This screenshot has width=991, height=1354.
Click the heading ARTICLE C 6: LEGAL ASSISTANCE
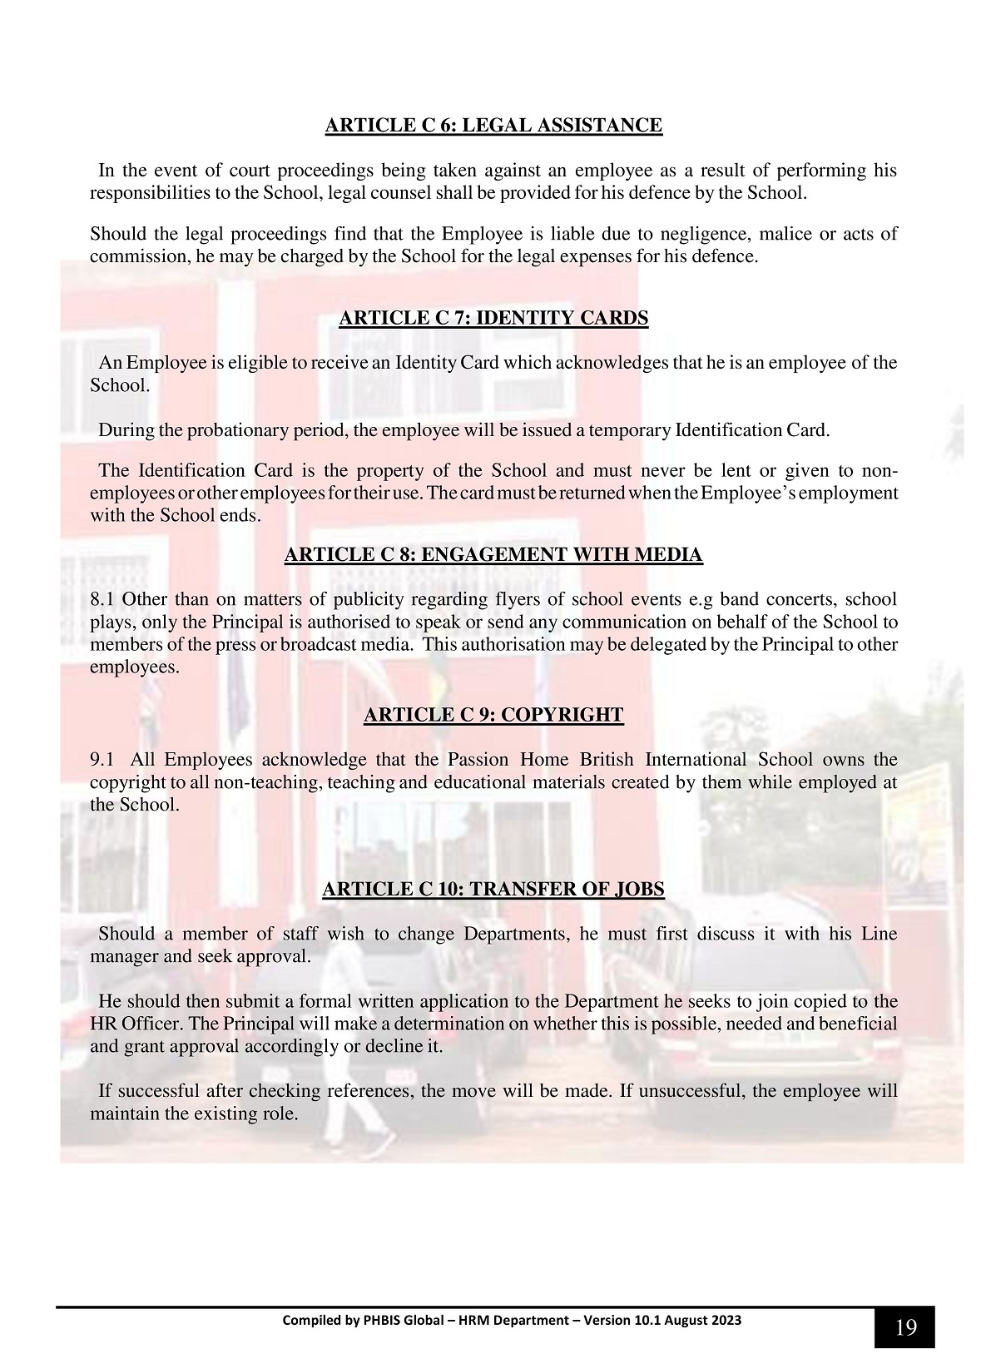tap(493, 126)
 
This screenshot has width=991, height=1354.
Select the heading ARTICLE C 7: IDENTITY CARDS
tap(493, 318)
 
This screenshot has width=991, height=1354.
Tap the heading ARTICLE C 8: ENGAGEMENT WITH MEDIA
tap(493, 554)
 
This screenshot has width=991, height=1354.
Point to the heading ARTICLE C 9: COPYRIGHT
tap(493, 715)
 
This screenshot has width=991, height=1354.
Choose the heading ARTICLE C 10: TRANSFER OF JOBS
tap(493, 889)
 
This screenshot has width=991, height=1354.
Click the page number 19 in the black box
tap(905, 1327)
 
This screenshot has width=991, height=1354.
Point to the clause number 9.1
tap(102, 760)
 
